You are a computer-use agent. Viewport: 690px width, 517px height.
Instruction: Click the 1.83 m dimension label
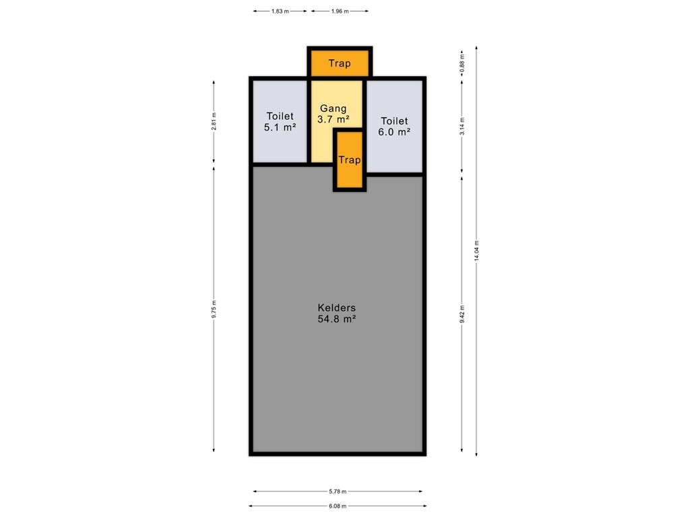(280, 11)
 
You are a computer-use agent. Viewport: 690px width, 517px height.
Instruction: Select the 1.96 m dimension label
(340, 11)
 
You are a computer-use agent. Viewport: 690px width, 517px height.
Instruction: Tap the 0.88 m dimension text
(462, 63)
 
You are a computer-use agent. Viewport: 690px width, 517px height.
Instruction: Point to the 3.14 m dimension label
(462, 127)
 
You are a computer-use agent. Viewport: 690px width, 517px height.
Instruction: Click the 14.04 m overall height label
(476, 250)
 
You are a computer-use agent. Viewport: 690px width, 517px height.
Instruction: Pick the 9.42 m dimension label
(462, 314)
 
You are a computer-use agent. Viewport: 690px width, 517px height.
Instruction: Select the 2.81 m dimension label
(214, 121)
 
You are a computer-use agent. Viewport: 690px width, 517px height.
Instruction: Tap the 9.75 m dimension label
(214, 309)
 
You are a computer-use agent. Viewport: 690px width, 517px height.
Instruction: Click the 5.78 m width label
(338, 491)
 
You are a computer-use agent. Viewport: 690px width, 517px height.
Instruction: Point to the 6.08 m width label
(338, 506)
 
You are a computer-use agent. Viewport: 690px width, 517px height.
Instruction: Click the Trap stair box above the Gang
(340, 63)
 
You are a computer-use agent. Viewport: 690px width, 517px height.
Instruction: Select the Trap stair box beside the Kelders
(350, 160)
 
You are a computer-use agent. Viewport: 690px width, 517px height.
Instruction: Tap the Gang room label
(333, 108)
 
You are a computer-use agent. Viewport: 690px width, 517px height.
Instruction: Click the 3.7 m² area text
(334, 119)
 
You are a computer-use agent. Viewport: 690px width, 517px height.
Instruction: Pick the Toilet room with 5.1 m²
(280, 121)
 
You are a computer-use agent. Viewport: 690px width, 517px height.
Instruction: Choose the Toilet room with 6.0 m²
(395, 127)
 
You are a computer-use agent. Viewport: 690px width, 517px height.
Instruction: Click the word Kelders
(337, 308)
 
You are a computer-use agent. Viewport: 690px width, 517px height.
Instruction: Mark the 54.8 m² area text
(337, 319)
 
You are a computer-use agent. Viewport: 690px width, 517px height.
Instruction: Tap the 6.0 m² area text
(394, 132)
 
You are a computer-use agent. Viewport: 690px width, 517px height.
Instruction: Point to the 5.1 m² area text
(280, 127)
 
